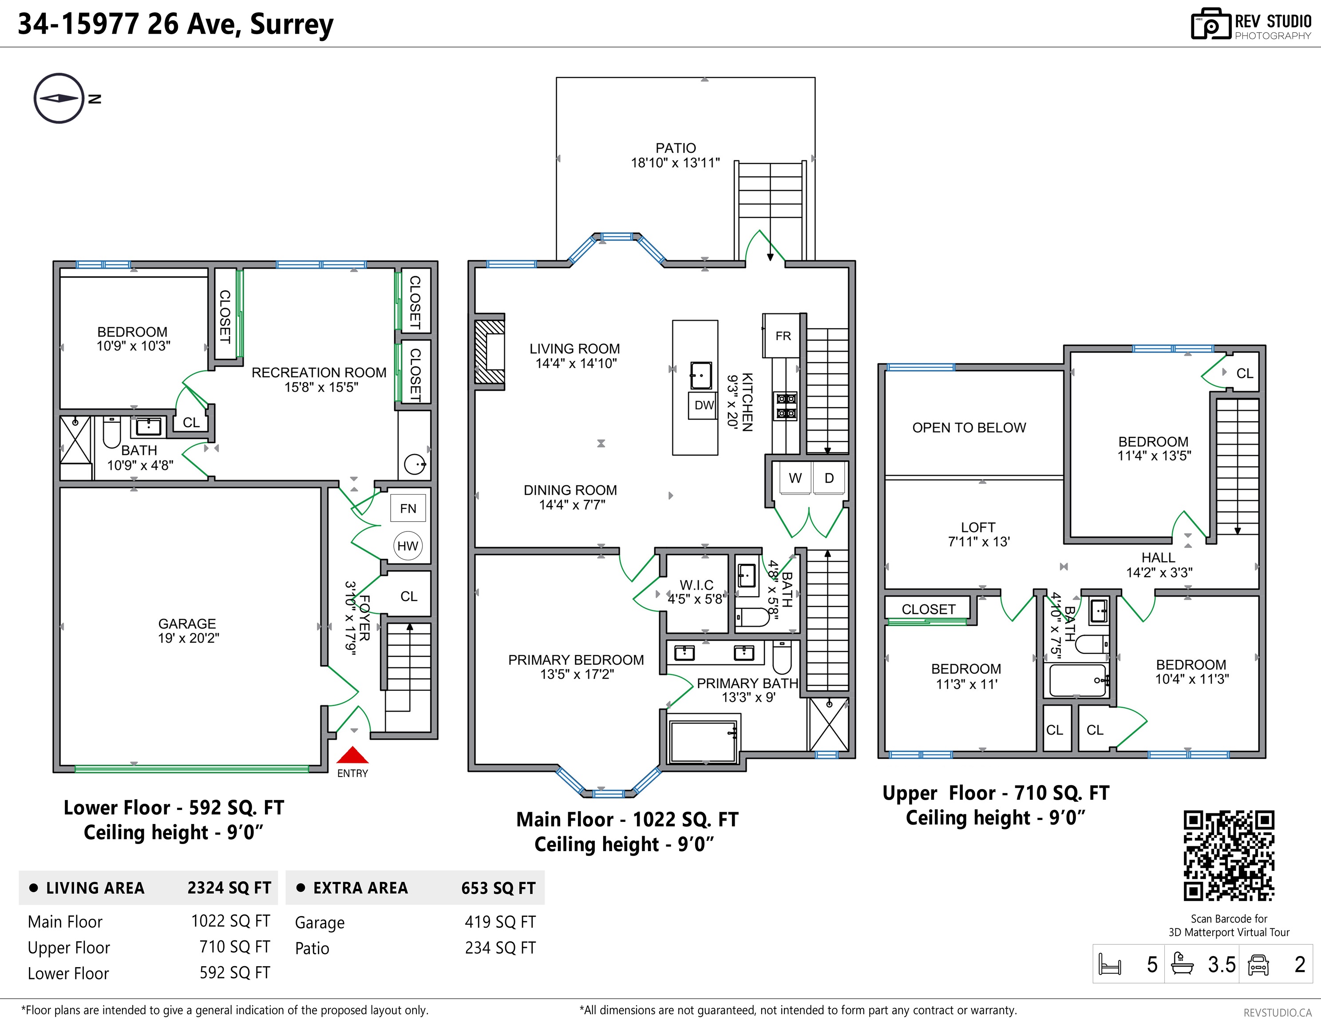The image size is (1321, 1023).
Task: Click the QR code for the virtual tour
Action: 1229,856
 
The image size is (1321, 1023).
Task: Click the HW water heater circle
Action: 407,546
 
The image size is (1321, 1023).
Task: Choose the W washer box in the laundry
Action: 795,478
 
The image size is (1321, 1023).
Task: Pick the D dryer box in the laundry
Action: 829,478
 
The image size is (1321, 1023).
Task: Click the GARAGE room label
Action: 187,624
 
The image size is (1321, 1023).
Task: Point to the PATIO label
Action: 676,148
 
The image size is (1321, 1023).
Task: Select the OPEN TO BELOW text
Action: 969,428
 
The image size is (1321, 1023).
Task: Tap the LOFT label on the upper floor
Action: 978,527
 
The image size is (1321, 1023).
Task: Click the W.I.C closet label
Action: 696,585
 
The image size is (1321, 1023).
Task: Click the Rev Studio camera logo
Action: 1211,24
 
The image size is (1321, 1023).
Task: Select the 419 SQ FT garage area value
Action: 500,922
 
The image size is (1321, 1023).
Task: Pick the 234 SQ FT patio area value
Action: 500,948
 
